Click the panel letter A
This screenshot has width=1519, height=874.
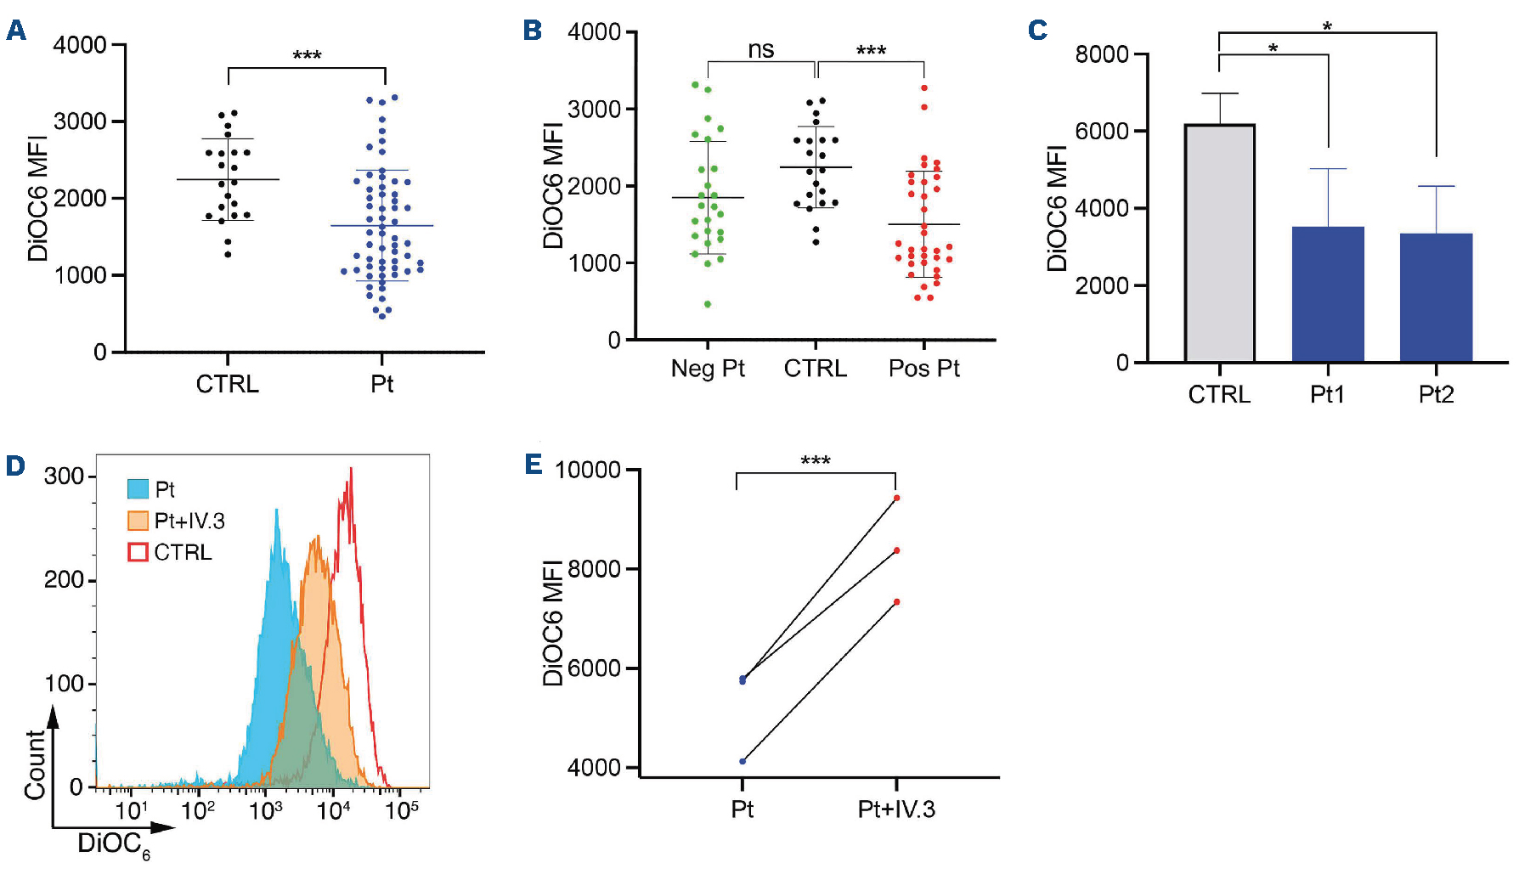(16, 31)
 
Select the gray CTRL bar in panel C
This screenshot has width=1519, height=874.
(1220, 243)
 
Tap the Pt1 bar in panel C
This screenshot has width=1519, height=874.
(1328, 294)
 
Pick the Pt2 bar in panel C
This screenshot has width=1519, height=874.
(1436, 297)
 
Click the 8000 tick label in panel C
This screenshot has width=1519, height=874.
(1102, 54)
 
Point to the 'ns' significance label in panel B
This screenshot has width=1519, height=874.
(761, 50)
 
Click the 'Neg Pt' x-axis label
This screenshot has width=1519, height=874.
(708, 369)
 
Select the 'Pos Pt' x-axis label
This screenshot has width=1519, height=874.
(923, 369)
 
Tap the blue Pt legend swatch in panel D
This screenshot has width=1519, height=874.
(138, 489)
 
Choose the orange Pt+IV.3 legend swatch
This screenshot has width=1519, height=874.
(138, 521)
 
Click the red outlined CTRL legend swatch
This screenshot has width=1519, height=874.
(138, 552)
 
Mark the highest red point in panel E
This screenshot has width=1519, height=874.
(896, 499)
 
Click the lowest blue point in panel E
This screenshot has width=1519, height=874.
(743, 761)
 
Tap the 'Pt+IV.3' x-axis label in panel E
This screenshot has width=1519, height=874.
(896, 809)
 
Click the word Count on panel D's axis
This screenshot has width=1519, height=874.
(35, 764)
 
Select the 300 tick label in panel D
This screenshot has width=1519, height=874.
(64, 476)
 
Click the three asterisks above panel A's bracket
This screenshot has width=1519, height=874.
(307, 56)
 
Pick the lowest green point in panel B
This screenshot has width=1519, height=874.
(708, 304)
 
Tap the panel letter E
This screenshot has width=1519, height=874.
(534, 464)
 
